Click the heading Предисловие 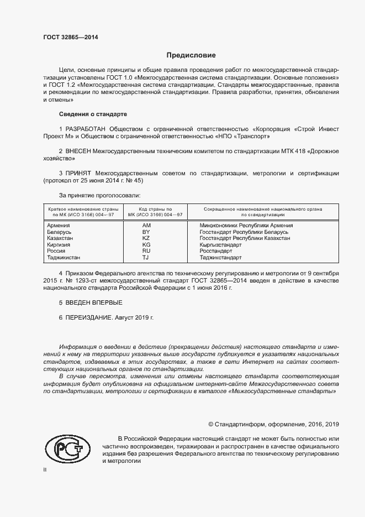[192, 55]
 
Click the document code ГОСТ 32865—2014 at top [71, 38]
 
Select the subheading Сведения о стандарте [93, 114]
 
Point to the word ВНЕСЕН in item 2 [80, 150]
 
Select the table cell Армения [58, 226]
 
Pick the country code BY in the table [146, 233]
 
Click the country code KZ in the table [146, 238]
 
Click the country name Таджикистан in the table [63, 257]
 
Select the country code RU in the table [146, 251]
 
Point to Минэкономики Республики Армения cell [246, 226]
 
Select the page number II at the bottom [45, 469]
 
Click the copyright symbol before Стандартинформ [211, 424]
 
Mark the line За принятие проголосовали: [99, 195]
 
